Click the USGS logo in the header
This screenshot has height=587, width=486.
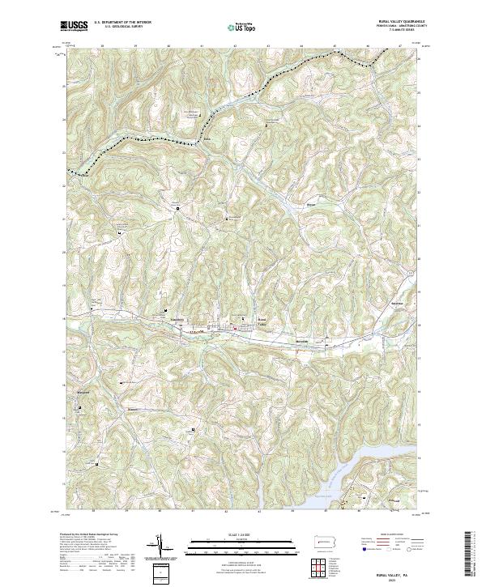pyautogui.click(x=74, y=26)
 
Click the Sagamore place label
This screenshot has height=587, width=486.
pyautogui.click(x=374, y=301)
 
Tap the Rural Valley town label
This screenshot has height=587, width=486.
pyautogui.click(x=262, y=321)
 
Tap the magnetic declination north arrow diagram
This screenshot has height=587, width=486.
pyautogui.click(x=160, y=547)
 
